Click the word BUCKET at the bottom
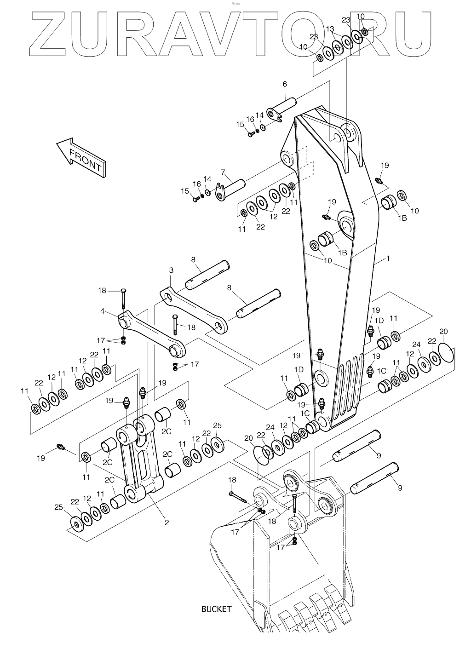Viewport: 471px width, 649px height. [x=216, y=609]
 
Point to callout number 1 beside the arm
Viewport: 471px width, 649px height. [x=388, y=259]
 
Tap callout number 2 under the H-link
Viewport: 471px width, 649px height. [x=167, y=523]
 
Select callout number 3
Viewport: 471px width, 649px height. [x=171, y=270]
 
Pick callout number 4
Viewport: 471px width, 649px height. [x=102, y=311]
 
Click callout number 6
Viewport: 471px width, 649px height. [x=285, y=84]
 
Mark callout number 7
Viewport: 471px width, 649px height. [x=223, y=172]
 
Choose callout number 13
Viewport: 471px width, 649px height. [x=330, y=29]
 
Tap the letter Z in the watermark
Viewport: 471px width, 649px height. [x=51, y=34]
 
